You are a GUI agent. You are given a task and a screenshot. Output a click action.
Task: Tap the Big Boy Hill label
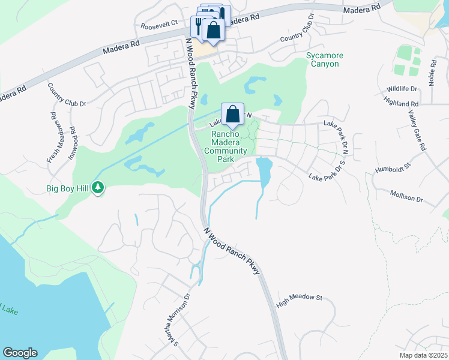tap(68, 188)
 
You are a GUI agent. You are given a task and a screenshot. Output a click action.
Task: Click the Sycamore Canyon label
tap(325, 59)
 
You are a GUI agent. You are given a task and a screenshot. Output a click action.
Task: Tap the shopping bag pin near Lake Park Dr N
tap(232, 113)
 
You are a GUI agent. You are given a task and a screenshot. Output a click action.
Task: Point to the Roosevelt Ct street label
tap(160, 26)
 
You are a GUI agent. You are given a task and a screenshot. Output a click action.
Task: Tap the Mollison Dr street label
tap(406, 196)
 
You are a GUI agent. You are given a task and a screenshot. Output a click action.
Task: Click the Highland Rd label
tap(402, 104)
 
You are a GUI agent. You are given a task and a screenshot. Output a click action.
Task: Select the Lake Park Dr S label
tap(328, 170)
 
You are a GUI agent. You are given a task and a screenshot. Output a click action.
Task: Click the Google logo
tap(20, 353)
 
